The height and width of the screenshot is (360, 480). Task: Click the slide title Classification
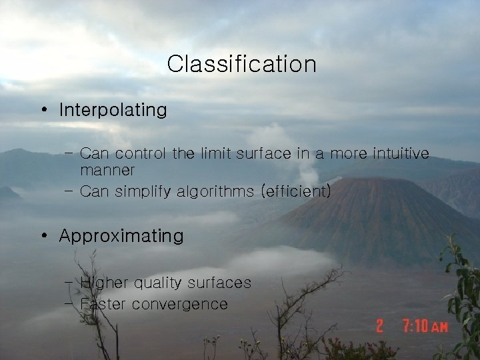pyautogui.click(x=241, y=64)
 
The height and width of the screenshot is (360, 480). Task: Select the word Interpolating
pyautogui.click(x=113, y=110)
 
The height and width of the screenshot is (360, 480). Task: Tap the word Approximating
pyautogui.click(x=121, y=236)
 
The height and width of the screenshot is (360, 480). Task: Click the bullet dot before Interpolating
pyautogui.click(x=43, y=110)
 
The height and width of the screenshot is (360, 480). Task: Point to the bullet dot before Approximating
pyautogui.click(x=43, y=236)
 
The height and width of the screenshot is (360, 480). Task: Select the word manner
pyautogui.click(x=107, y=171)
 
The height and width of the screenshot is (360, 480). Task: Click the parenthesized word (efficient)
pyautogui.click(x=297, y=192)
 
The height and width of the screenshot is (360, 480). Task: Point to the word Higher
pyautogui.click(x=104, y=283)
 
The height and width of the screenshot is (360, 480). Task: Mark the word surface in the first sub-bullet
pyautogui.click(x=265, y=154)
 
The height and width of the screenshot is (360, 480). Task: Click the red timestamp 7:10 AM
pyautogui.click(x=425, y=327)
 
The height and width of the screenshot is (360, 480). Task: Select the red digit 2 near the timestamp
pyautogui.click(x=380, y=327)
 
